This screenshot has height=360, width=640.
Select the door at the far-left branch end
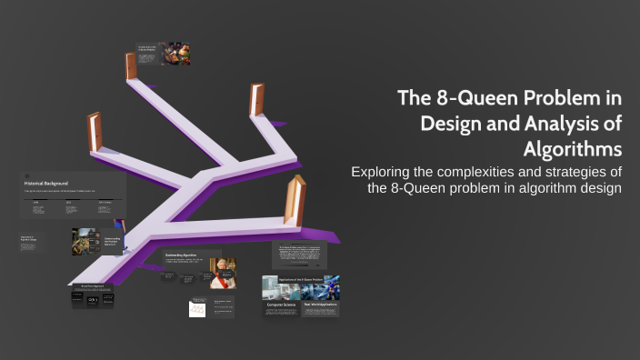pos(94,134)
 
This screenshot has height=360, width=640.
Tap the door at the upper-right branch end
pos(256,103)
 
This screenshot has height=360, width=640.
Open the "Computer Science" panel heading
pos(282,305)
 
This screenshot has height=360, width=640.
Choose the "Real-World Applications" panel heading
pos(320,305)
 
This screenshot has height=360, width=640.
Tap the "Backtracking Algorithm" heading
pos(183,256)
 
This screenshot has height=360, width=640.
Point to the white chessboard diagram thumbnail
pos(199,309)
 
